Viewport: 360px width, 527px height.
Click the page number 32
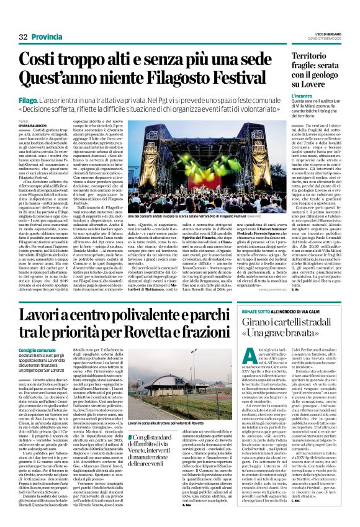24,37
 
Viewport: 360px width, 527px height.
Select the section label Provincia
49,37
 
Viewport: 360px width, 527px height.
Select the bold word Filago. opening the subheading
29,98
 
